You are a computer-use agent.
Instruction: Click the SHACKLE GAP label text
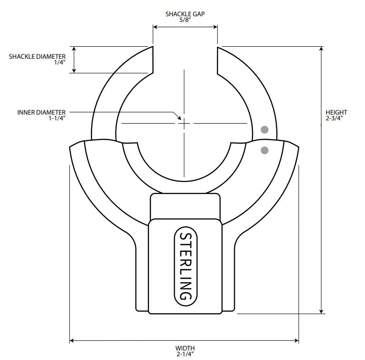(185, 14)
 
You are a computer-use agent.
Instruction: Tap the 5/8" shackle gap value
(185, 20)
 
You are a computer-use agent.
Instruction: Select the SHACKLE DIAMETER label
(37, 56)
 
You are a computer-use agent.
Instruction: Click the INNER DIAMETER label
(41, 112)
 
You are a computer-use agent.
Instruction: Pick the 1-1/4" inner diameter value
(56, 118)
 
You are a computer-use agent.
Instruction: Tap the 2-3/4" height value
(336, 118)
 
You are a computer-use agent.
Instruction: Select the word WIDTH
(185, 348)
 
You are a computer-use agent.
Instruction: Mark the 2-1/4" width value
(185, 354)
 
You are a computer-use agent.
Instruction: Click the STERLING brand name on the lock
(186, 267)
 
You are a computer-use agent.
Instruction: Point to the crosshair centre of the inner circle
(184, 123)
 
